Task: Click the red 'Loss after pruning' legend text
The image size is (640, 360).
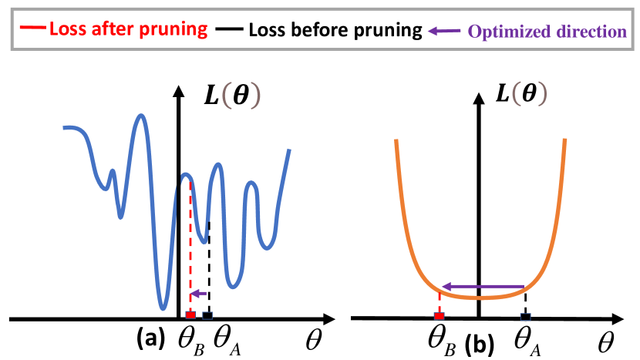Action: pos(128,30)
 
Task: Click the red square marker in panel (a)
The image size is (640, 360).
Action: pos(190,316)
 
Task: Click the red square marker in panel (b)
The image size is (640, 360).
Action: pos(439,316)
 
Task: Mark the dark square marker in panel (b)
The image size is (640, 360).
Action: pos(526,316)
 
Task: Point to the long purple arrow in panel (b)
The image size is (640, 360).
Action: pos(482,287)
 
